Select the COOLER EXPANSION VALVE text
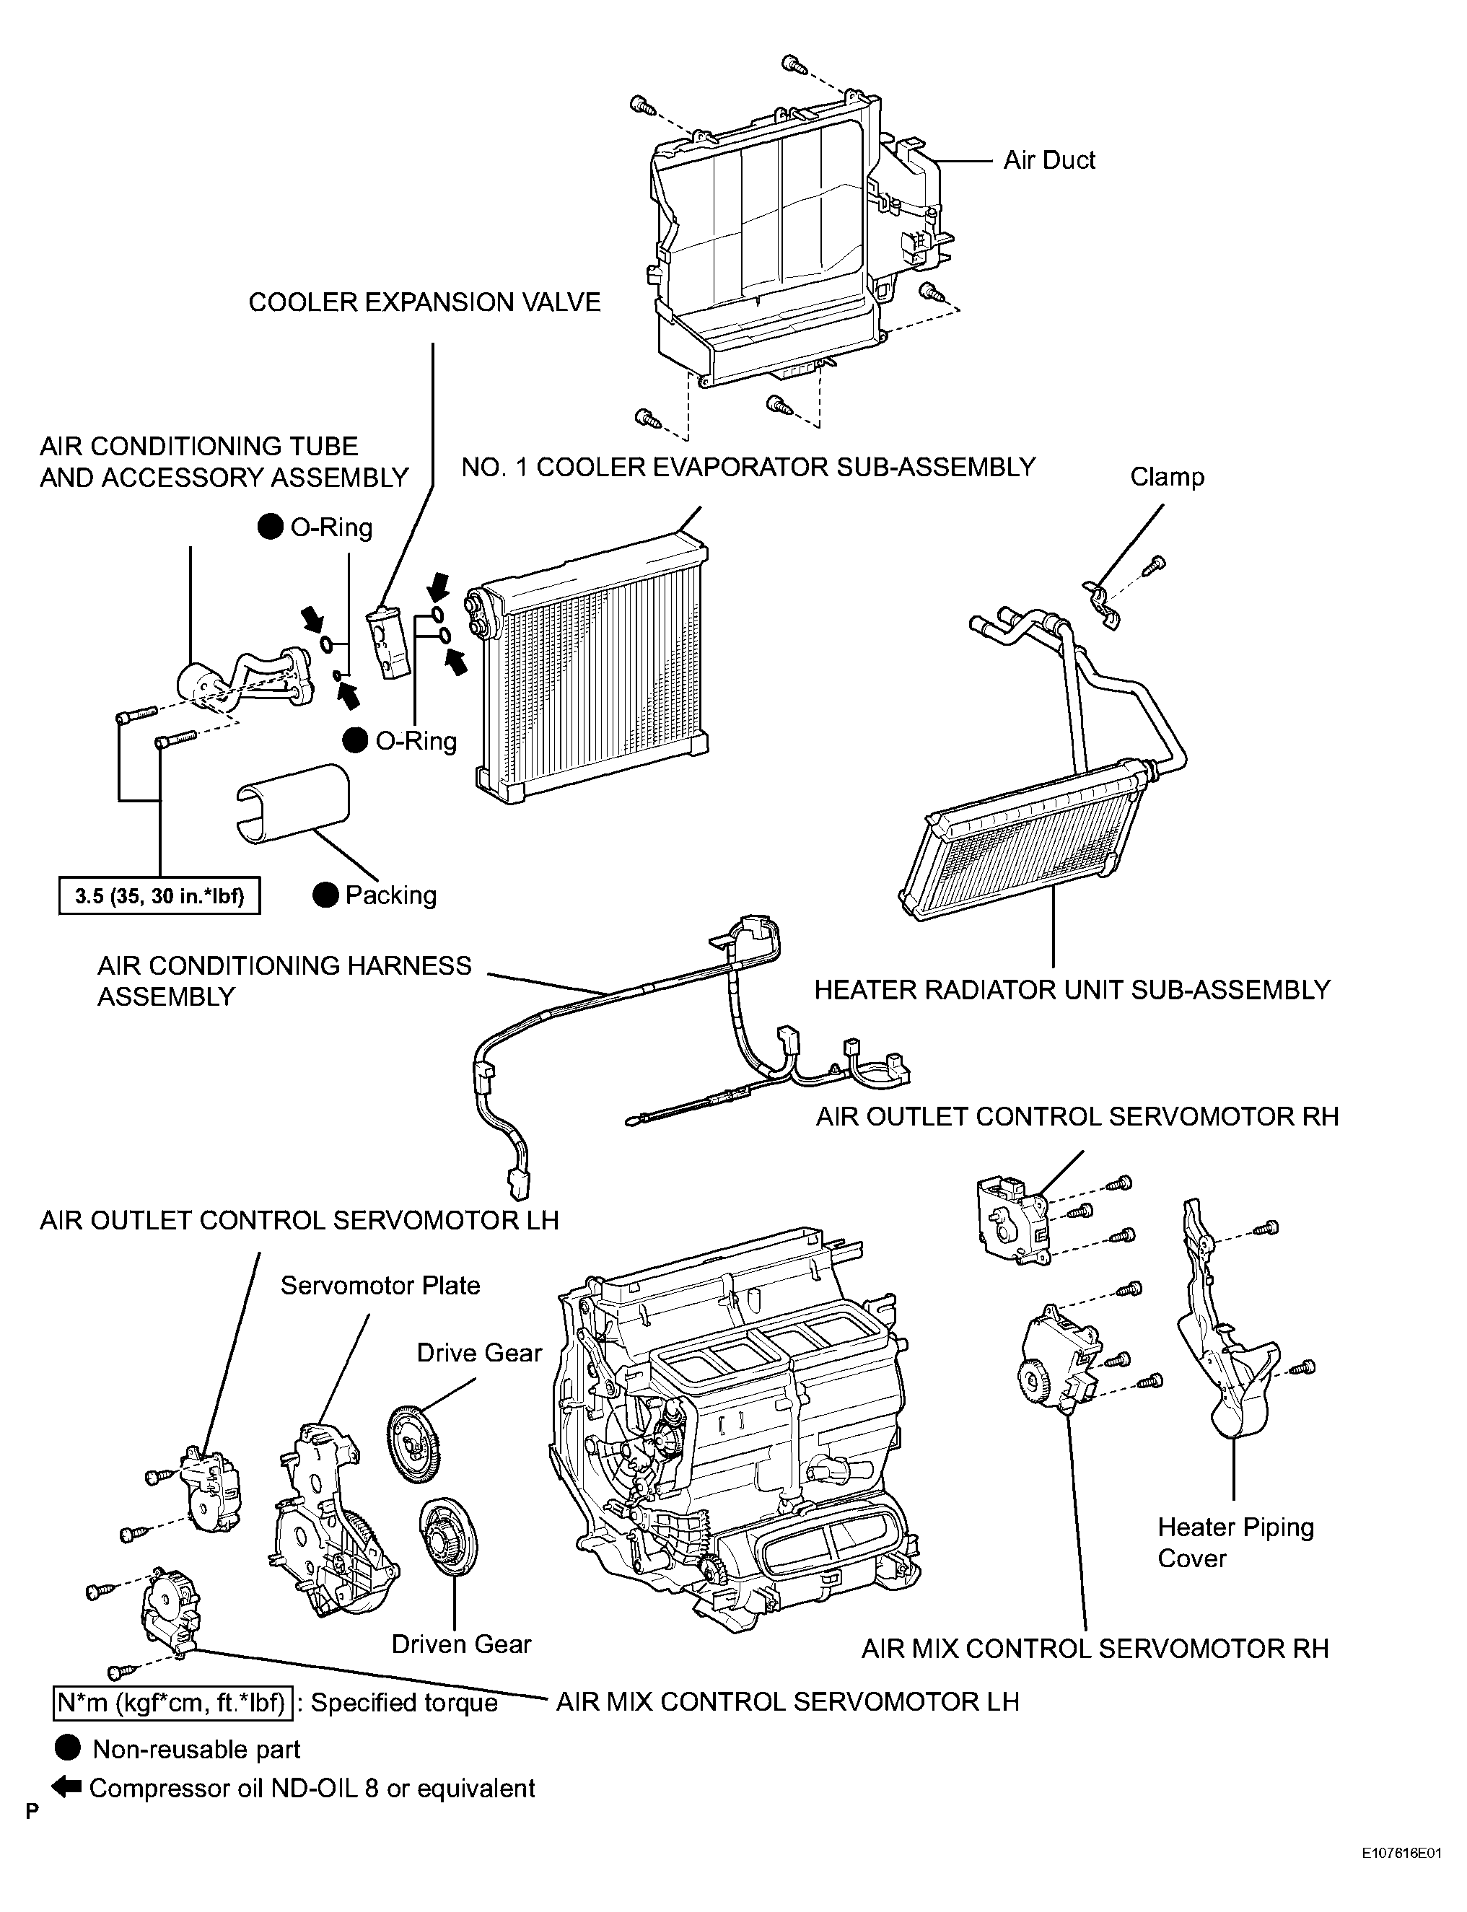point(424,302)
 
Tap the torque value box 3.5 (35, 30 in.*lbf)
point(159,896)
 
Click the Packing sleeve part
point(292,803)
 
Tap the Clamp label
point(1167,477)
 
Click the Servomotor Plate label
point(380,1285)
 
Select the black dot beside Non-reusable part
point(67,1749)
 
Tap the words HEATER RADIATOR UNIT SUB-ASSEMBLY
point(1072,990)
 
